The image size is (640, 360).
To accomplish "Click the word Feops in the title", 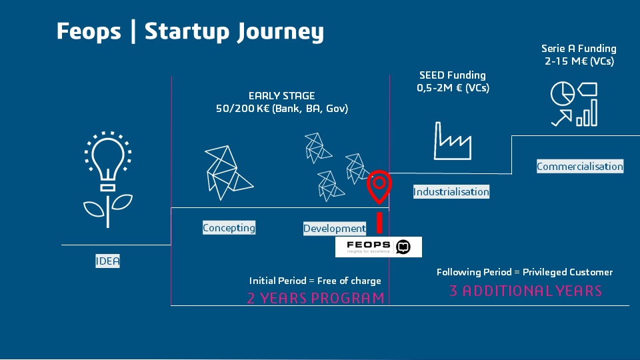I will [x=89, y=31].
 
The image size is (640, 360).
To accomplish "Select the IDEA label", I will [x=107, y=261].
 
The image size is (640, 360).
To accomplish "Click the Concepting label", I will [x=229, y=228].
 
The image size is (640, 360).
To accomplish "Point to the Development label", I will [x=335, y=229].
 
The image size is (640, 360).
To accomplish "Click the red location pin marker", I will [x=379, y=186].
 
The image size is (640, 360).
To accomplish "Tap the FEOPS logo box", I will [x=379, y=247].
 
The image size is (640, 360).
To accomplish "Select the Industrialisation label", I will [x=451, y=192].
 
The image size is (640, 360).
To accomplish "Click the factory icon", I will [x=453, y=140].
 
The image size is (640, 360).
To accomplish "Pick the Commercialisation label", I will [x=580, y=167].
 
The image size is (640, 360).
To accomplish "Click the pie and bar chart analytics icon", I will [x=574, y=104].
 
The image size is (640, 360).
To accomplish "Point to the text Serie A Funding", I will [x=579, y=49].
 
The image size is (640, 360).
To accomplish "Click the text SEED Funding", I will [x=453, y=75].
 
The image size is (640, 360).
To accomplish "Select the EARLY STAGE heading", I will [x=281, y=96].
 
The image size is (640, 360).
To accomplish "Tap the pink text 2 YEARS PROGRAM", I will [x=315, y=298].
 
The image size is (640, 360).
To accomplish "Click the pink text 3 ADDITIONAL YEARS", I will [x=525, y=291].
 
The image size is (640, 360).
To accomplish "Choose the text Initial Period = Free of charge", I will [x=315, y=281].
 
